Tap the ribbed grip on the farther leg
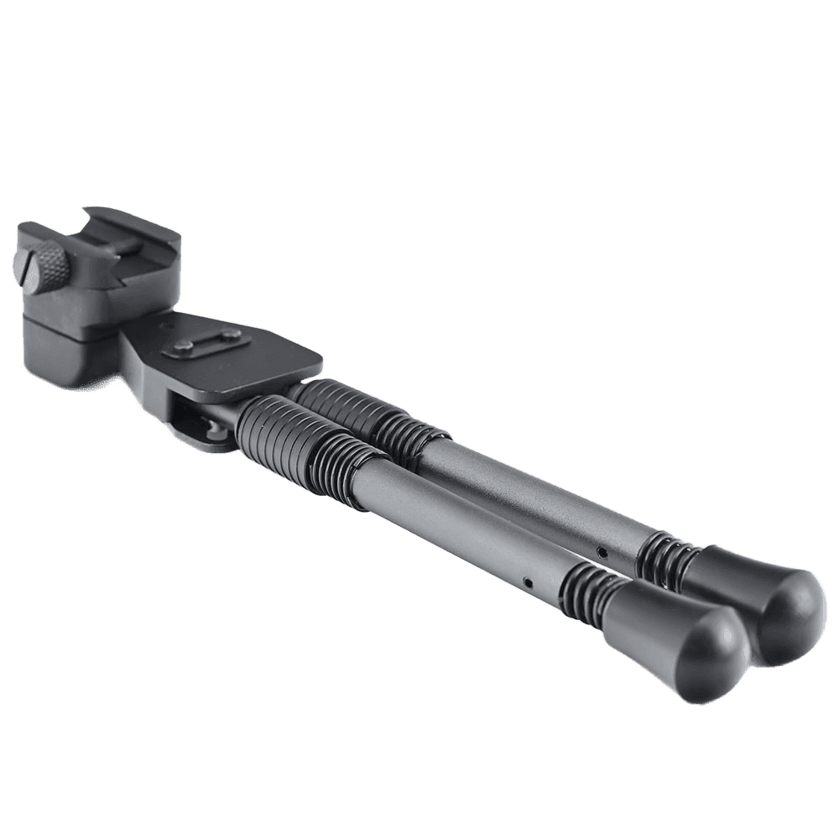(x=369, y=411)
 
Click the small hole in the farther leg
(x=601, y=550)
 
